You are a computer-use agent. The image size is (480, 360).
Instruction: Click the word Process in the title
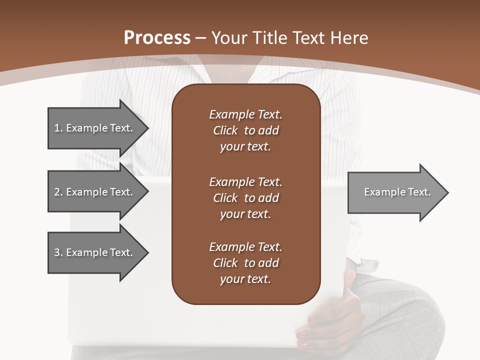[157, 38]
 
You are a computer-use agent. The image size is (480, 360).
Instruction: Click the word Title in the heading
[268, 38]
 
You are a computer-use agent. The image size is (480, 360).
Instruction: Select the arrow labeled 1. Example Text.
[95, 128]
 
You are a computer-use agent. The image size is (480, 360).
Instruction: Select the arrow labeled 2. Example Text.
[95, 192]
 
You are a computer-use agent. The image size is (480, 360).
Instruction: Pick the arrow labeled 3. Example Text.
[95, 252]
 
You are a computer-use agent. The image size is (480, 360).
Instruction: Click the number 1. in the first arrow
[58, 128]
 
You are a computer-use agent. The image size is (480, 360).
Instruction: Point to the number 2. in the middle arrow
[58, 192]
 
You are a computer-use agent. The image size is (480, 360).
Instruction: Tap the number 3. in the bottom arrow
[58, 252]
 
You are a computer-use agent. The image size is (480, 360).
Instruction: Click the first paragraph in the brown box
[245, 130]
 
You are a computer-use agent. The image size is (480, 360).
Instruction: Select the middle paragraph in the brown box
[245, 198]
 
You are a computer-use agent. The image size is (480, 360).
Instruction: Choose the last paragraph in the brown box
[245, 263]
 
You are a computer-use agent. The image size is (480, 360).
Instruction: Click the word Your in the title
[229, 38]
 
